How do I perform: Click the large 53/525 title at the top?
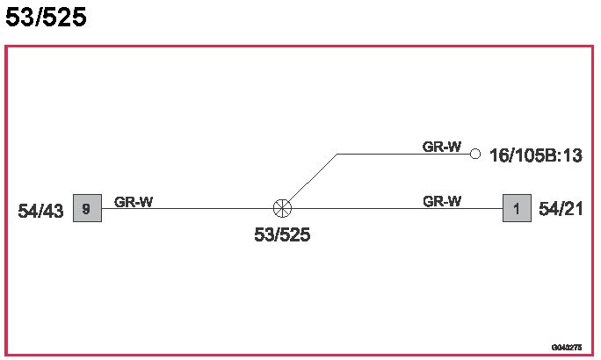[x=46, y=18]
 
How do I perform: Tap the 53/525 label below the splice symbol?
[x=282, y=235]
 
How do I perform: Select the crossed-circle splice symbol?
[x=282, y=209]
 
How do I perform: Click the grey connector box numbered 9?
[x=87, y=209]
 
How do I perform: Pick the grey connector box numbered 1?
[x=517, y=209]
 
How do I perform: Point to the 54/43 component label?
[x=40, y=212]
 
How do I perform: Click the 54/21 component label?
[x=560, y=209]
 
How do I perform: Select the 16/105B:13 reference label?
[x=535, y=155]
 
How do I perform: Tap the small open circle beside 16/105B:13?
[x=475, y=154]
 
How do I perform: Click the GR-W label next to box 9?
[x=134, y=202]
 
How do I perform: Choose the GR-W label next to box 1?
[x=442, y=201]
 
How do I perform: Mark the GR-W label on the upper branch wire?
[x=442, y=147]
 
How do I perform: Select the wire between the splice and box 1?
[x=395, y=209]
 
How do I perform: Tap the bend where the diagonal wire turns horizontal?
[x=337, y=154]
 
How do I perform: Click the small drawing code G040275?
[x=567, y=348]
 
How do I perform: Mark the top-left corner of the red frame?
[x=6, y=47]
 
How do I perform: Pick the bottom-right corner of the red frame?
[x=592, y=355]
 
